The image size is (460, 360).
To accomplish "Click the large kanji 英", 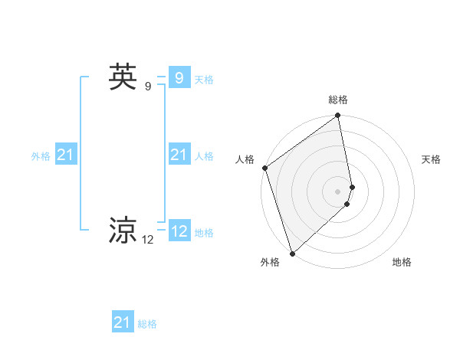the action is (x=123, y=77).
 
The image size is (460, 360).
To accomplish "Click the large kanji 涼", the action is (x=123, y=229).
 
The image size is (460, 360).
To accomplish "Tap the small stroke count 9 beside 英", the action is (x=148, y=87).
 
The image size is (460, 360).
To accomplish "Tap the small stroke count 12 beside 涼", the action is (x=148, y=240).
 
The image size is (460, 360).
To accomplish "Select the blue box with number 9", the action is (x=179, y=78).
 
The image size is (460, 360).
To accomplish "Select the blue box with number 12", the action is (x=179, y=231).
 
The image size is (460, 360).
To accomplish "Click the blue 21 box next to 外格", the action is (x=66, y=155).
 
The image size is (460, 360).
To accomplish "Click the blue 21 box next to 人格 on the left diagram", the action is (x=179, y=155).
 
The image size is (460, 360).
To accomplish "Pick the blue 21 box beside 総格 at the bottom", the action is (x=123, y=322).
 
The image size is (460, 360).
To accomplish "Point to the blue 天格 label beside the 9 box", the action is (x=204, y=80).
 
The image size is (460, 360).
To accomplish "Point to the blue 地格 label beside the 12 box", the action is (x=204, y=233).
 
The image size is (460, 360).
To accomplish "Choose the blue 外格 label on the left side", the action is (x=41, y=156).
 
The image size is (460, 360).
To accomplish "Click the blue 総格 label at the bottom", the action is (x=147, y=324).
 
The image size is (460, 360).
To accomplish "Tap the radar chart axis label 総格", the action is (x=338, y=100).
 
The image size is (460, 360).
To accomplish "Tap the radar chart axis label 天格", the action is (x=431, y=159).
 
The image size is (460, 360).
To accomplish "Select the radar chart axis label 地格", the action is (x=402, y=262).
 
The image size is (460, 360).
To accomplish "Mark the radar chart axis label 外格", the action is (x=270, y=262).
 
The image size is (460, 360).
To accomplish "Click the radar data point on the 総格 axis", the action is (x=338, y=116).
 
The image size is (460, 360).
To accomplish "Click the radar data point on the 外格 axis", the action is (x=292, y=253).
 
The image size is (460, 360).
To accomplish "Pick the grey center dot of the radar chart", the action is (x=338, y=191).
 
